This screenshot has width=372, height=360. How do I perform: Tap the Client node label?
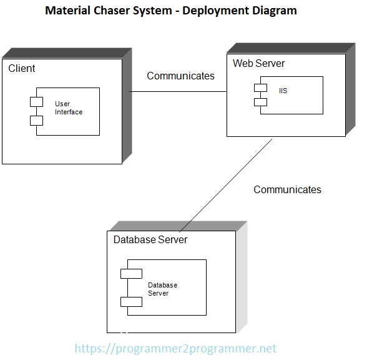click(22, 67)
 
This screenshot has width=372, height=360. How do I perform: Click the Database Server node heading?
click(150, 239)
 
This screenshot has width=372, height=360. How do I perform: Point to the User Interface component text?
click(68, 107)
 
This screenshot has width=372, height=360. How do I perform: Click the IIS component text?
click(283, 91)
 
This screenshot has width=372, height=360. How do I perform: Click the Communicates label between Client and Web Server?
click(180, 76)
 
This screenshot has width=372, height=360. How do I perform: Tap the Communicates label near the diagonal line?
click(287, 189)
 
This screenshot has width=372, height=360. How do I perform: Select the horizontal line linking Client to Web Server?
click(178, 92)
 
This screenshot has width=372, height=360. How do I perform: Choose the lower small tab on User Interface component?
click(36, 119)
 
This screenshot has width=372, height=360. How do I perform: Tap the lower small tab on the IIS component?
click(260, 101)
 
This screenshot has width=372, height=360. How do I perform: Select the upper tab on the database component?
click(131, 273)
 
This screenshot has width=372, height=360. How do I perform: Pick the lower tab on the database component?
click(131, 301)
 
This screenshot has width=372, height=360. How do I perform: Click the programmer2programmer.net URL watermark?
click(175, 349)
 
